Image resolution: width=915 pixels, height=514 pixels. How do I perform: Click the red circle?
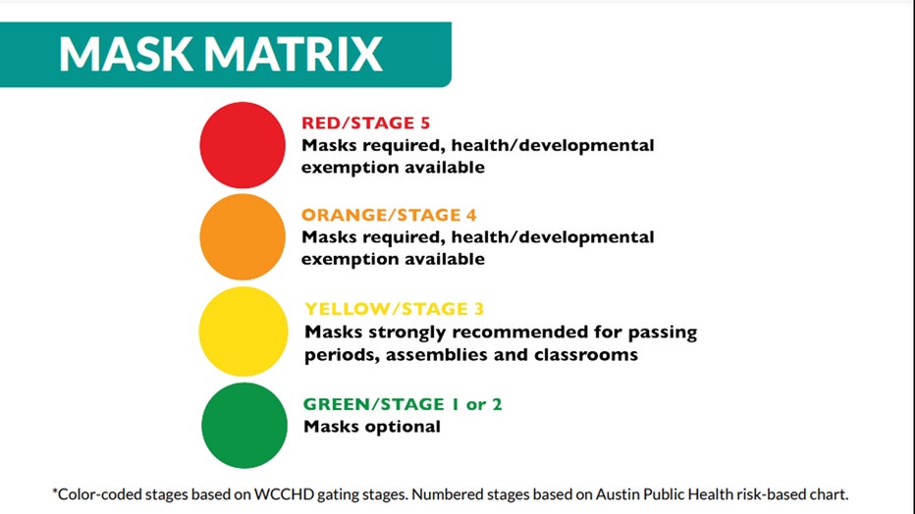[x=242, y=145]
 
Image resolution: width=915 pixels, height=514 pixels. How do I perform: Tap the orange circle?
[x=242, y=237]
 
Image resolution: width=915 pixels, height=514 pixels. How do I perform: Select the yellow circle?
[x=243, y=331]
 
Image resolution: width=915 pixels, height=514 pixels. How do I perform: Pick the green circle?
[x=244, y=426]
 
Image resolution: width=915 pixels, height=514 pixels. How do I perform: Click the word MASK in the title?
[x=126, y=54]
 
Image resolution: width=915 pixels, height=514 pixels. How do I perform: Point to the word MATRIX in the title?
[x=294, y=54]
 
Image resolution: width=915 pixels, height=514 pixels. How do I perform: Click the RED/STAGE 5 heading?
[x=366, y=123]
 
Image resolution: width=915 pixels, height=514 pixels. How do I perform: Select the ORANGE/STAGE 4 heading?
[x=389, y=215]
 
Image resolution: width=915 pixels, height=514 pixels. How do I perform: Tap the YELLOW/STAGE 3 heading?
[x=395, y=309]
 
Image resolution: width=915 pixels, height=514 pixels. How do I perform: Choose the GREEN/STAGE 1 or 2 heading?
[x=403, y=404]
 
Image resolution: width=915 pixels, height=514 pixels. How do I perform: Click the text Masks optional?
[x=372, y=427]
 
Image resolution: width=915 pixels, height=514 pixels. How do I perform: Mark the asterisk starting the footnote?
[x=55, y=491]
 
